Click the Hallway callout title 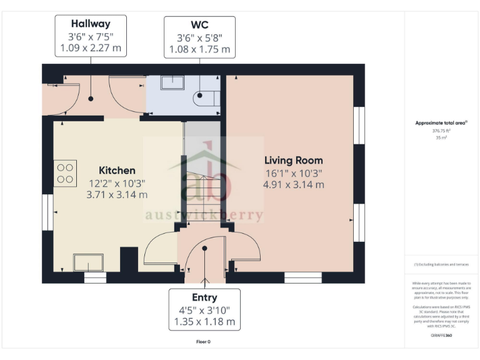(91, 24)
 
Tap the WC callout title (199, 25)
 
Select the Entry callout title (204, 297)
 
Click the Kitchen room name (117, 170)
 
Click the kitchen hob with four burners (65, 173)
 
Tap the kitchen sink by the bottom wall (88, 262)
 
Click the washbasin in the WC (172, 84)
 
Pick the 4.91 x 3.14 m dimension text (293, 184)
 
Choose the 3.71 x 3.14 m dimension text (117, 194)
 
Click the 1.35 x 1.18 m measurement (204, 322)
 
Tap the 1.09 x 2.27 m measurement (91, 48)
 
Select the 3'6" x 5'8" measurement (199, 37)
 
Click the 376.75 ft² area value (441, 131)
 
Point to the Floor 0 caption (203, 342)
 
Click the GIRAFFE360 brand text (441, 336)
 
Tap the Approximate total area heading (441, 122)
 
